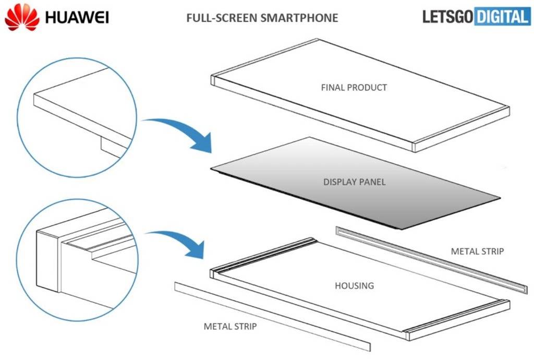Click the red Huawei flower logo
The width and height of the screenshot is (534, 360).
pyautogui.click(x=22, y=17)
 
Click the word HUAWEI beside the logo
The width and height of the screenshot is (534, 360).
pyautogui.click(x=77, y=18)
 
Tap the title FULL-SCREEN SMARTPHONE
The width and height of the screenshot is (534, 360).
pyautogui.click(x=262, y=18)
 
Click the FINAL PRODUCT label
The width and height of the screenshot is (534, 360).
pyautogui.click(x=354, y=87)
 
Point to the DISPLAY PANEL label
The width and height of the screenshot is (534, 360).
pyautogui.click(x=355, y=182)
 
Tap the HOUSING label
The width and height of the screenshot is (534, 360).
pyautogui.click(x=354, y=285)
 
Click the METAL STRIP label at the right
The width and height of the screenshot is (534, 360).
pyautogui.click(x=477, y=251)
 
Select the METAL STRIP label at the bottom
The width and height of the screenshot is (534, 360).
pyautogui.click(x=230, y=327)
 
